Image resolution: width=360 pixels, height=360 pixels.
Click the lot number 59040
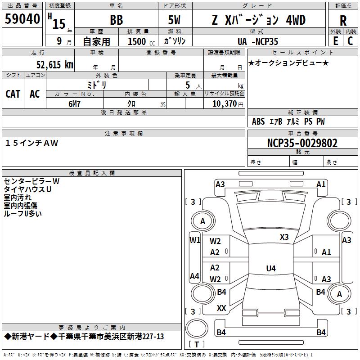[22, 19]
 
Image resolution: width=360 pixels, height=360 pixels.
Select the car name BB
[117, 20]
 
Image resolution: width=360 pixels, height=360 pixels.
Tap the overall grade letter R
[343, 21]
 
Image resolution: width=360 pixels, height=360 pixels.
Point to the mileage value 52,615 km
[55, 64]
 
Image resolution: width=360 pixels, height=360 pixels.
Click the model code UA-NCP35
[258, 41]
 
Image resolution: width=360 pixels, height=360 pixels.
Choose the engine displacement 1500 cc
[141, 41]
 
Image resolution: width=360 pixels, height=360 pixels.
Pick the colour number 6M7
[74, 104]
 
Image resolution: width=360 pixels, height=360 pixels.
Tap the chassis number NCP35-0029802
[302, 143]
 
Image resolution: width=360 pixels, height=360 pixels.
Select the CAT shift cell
[13, 94]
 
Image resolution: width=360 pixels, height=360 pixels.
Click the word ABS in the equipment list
[258, 121]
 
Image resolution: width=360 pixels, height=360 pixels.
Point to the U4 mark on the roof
[271, 268]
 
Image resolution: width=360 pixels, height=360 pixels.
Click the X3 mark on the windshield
[284, 237]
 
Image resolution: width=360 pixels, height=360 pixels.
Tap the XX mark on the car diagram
[221, 308]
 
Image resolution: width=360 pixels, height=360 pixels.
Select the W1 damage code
[195, 240]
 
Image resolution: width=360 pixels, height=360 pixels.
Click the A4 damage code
[194, 276]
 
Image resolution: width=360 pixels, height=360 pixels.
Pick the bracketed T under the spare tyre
[197, 344]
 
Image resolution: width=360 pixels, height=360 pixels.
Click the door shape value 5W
[174, 20]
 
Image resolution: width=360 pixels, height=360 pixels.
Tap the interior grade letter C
[350, 41]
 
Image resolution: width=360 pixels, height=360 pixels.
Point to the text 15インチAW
[31, 143]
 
